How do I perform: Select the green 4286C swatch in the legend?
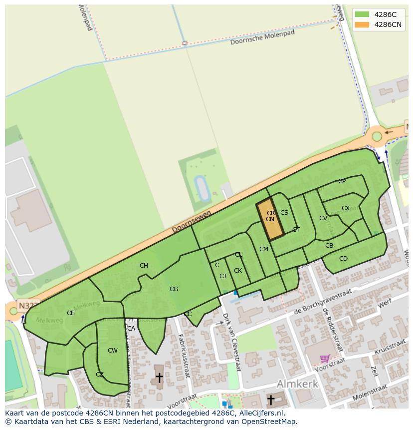362,14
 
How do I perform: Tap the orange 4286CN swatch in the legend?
362,24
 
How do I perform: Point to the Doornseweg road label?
192,222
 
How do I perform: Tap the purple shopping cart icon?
325,359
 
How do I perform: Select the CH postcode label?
144,266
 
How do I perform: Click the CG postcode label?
174,289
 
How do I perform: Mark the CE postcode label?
70,313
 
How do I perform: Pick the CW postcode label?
113,351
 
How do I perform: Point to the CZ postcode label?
100,375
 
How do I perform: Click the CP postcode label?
342,181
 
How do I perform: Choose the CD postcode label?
343,259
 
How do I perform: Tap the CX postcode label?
345,208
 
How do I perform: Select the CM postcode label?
264,249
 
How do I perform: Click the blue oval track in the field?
202,187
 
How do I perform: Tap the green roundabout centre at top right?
377,136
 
